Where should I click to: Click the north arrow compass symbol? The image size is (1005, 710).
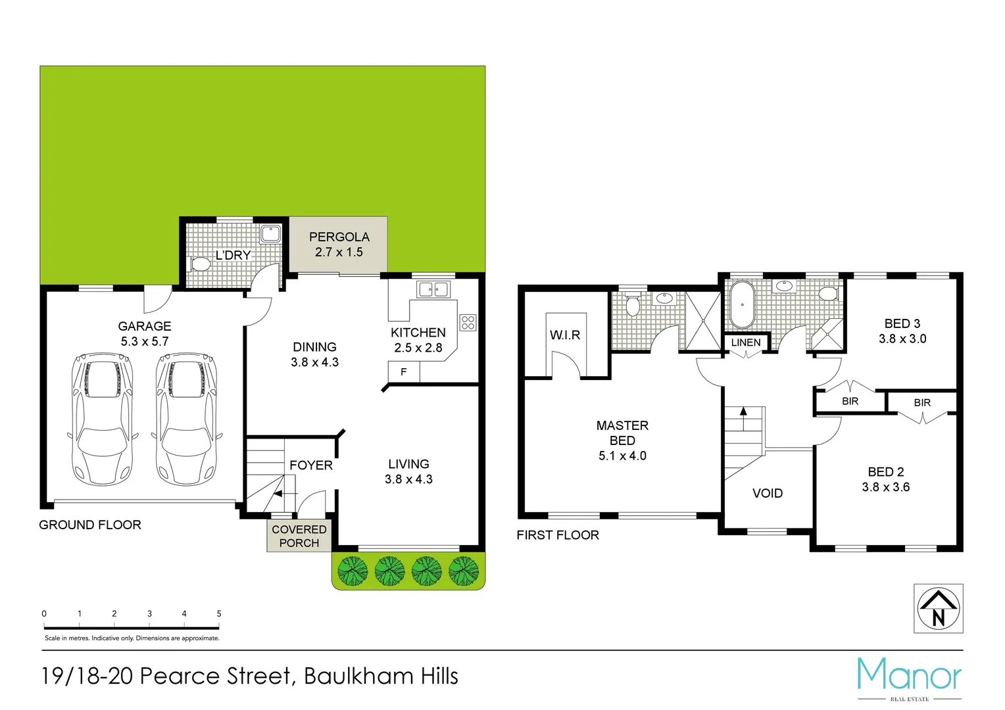(x=938, y=609)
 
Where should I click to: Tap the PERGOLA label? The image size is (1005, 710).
(x=339, y=237)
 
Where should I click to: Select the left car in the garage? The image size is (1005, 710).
(x=102, y=419)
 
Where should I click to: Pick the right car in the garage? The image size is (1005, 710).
(x=186, y=419)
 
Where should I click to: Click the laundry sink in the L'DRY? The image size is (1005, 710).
(x=270, y=233)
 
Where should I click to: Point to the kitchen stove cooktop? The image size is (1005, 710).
(x=468, y=322)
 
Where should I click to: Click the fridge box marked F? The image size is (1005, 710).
(x=403, y=372)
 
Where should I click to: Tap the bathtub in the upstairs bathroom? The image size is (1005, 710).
(x=742, y=304)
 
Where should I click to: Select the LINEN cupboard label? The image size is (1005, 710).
(x=746, y=343)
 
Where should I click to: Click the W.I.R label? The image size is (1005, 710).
(x=565, y=335)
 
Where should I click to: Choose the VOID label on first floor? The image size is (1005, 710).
(x=768, y=493)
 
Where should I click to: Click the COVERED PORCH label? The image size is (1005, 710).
(x=299, y=536)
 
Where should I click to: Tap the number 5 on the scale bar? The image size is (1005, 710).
(x=219, y=613)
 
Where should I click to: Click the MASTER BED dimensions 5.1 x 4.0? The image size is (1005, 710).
(x=622, y=456)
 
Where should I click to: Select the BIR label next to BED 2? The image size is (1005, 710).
(x=921, y=402)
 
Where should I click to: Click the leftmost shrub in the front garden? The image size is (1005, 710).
(x=353, y=571)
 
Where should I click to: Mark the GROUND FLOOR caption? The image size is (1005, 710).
(x=90, y=525)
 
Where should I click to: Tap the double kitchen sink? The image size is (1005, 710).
(x=433, y=289)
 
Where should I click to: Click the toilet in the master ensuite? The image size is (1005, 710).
(x=633, y=306)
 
